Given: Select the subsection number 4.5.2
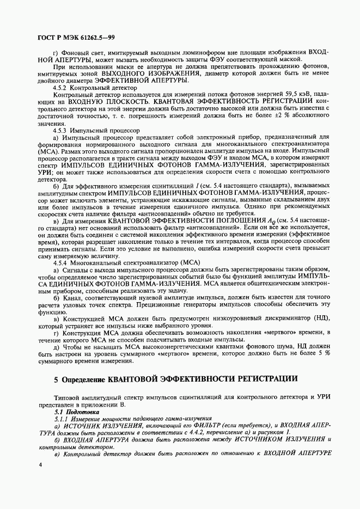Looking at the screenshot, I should (61, 88).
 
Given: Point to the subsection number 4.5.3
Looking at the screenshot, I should (61, 131).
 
